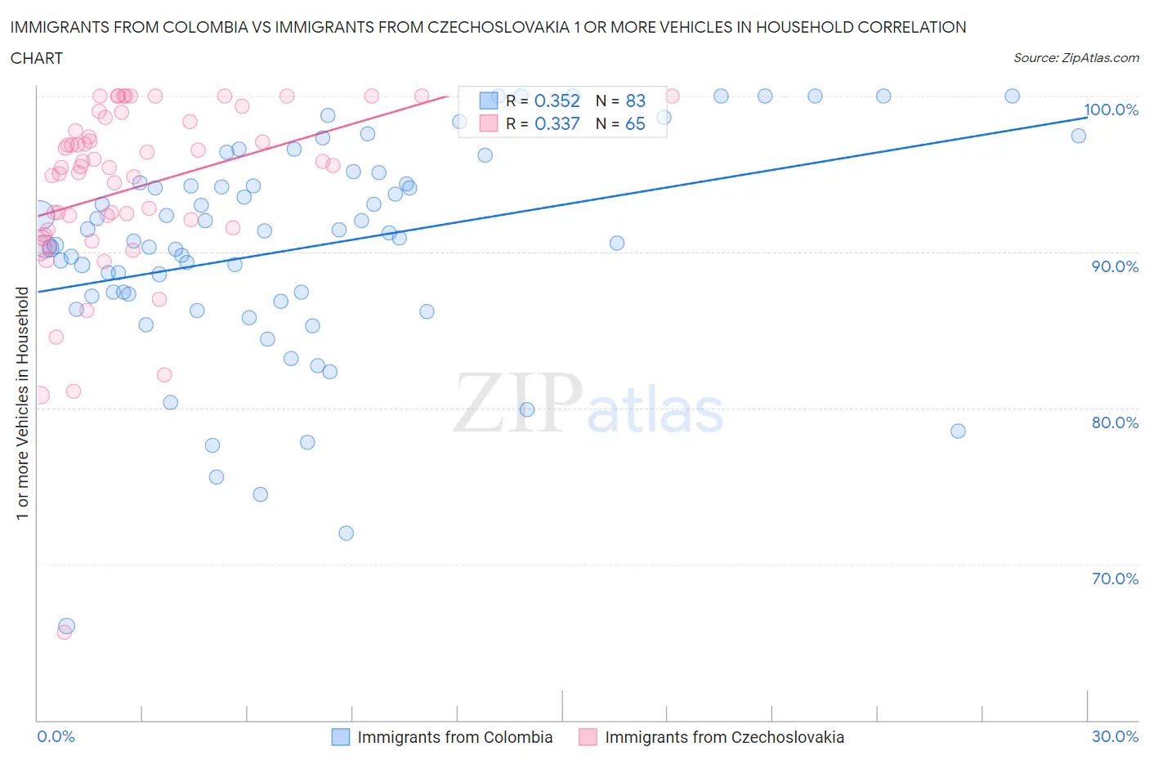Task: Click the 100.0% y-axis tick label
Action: [x=1111, y=110]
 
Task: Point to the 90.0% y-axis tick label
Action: [x=1115, y=266]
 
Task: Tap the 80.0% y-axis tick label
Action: [x=1115, y=422]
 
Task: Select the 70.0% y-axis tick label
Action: [x=1115, y=579]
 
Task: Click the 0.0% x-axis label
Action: [x=56, y=736]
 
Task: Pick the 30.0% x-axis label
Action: [x=1115, y=736]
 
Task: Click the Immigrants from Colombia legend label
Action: [x=454, y=737]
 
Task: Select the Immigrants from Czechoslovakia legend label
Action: [x=724, y=737]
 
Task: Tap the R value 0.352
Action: [x=557, y=101]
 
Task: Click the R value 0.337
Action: [x=557, y=123]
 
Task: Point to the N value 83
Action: [x=635, y=101]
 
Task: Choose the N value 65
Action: [x=635, y=123]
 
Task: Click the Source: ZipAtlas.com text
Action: [x=1075, y=57]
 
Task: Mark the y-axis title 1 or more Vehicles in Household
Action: [x=23, y=403]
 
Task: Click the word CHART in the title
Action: [x=37, y=58]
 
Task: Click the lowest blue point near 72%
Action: [x=346, y=533]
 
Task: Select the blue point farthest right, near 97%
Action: [x=1079, y=136]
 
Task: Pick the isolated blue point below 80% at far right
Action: [x=958, y=431]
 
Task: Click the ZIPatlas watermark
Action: [x=588, y=405]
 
